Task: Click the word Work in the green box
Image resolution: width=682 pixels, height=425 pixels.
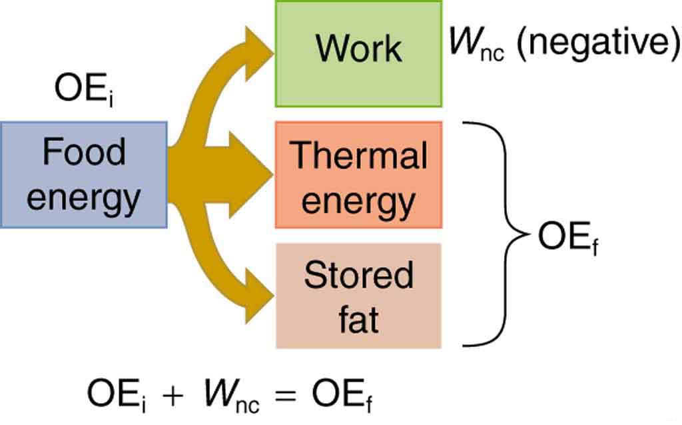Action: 358,48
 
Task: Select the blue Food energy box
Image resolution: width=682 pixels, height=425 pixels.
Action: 83,175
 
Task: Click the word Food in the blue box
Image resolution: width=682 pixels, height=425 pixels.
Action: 84,152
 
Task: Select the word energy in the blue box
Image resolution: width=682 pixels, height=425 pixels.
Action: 84,197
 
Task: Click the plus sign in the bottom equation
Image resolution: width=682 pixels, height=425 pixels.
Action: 172,394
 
